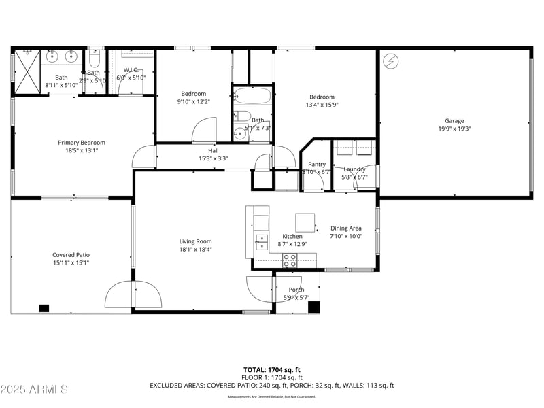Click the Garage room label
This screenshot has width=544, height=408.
coord(454,121)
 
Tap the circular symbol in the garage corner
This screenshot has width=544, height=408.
coord(390,61)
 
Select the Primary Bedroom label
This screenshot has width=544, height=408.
coord(82,143)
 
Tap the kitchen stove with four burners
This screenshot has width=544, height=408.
coord(290,259)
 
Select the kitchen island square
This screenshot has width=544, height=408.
coord(305,222)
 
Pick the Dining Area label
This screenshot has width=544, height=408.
coord(346,228)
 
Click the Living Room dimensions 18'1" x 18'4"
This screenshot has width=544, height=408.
coord(196,250)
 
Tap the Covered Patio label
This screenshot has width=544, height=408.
coord(71,255)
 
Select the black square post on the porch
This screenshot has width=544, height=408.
coord(313,307)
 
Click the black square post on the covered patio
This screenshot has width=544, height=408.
coord(44,308)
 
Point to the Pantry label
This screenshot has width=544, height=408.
coord(317,164)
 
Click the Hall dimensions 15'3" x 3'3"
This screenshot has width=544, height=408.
coord(213,158)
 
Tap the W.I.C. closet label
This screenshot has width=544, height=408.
coord(131,70)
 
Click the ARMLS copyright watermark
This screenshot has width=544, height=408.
coord(34,389)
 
